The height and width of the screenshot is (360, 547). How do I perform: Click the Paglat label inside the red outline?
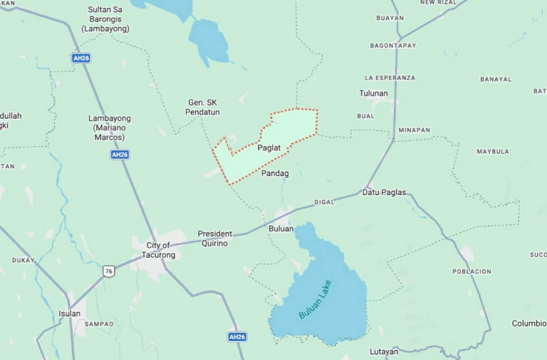pyautogui.click(x=270, y=147)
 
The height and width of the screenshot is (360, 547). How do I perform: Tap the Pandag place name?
pyautogui.click(x=275, y=173)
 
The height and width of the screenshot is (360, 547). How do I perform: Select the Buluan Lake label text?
pyautogui.click(x=315, y=300)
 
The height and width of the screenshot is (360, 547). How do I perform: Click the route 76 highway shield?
pyautogui.click(x=108, y=271)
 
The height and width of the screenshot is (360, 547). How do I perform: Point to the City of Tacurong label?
pyautogui.click(x=158, y=250)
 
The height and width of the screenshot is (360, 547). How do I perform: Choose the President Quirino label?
pyautogui.click(x=215, y=239)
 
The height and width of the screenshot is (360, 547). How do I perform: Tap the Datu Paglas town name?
pyautogui.click(x=384, y=192)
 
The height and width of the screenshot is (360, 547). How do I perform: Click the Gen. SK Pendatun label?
pyautogui.click(x=203, y=107)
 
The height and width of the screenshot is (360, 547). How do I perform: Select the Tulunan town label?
pyautogui.click(x=373, y=93)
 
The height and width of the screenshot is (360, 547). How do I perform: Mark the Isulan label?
pyautogui.click(x=69, y=313)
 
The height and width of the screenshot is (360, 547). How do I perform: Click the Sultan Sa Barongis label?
pyautogui.click(x=105, y=19)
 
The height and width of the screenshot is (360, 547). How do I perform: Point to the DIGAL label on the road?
pyautogui.click(x=324, y=202)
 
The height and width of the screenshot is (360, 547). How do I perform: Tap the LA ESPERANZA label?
pyautogui.click(x=390, y=78)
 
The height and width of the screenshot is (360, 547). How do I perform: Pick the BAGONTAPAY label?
pyautogui.click(x=393, y=45)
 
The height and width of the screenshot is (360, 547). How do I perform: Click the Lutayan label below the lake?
pyautogui.click(x=384, y=351)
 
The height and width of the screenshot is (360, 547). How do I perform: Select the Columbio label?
pyautogui.click(x=529, y=323)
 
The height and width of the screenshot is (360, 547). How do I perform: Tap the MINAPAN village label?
pyautogui.click(x=414, y=130)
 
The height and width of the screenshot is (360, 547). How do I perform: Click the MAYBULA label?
pyautogui.click(x=492, y=152)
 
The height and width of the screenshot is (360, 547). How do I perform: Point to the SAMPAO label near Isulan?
pyautogui.click(x=99, y=324)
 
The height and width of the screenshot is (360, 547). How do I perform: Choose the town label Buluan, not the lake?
pyautogui.click(x=281, y=228)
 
